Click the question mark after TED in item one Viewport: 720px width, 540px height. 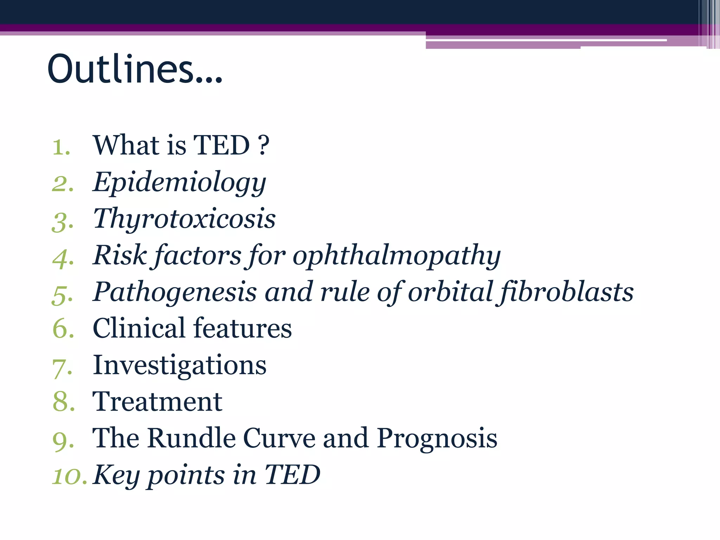pos(264,146)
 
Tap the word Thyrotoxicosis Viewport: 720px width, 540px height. pos(184,219)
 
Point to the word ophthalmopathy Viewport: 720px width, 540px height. pos(396,256)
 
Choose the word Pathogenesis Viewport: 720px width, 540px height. pos(175,292)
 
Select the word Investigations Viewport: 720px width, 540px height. pos(179,366)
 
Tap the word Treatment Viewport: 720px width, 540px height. pos(157,402)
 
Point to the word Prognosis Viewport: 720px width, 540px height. pos(437,439)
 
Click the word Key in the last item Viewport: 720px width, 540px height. pos(116,475)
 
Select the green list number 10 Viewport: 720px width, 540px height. pos(69,476)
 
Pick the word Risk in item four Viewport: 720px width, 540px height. pos(120,255)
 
